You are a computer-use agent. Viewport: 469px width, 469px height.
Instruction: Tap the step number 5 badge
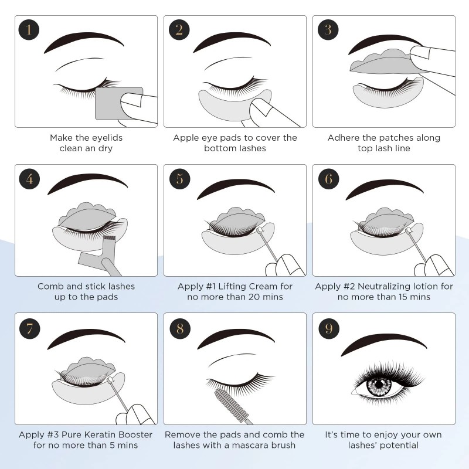pos(179,179)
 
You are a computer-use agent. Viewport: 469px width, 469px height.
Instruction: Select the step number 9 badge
pos(329,327)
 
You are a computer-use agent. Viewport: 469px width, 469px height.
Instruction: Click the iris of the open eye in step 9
pos(379,385)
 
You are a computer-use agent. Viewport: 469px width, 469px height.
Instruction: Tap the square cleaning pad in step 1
pos(117,103)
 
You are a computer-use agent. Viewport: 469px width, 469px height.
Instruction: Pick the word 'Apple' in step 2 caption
pos(186,138)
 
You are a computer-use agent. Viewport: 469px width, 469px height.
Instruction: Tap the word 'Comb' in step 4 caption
pos(50,286)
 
